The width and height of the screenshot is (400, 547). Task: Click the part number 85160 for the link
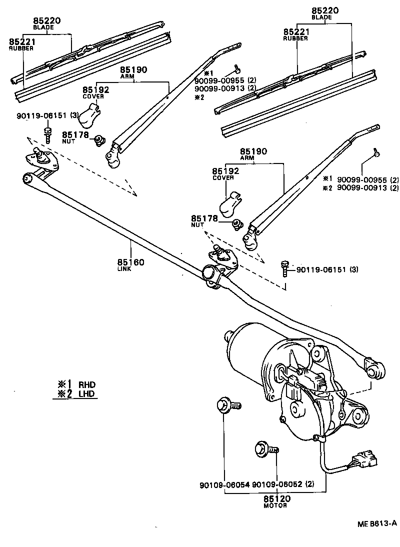130,262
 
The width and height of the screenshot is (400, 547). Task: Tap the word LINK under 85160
124,269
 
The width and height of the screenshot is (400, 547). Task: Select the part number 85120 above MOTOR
277,498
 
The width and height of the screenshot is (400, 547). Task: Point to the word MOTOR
275,505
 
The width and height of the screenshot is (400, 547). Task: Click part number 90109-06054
224,485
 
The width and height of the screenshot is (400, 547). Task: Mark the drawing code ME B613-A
376,523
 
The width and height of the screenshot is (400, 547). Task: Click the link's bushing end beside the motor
375,367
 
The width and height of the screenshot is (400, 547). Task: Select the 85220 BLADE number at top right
325,10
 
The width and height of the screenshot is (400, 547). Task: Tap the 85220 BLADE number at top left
47,21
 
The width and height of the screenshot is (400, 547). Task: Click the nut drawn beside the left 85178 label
100,140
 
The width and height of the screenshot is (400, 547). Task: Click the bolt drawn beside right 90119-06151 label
285,267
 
